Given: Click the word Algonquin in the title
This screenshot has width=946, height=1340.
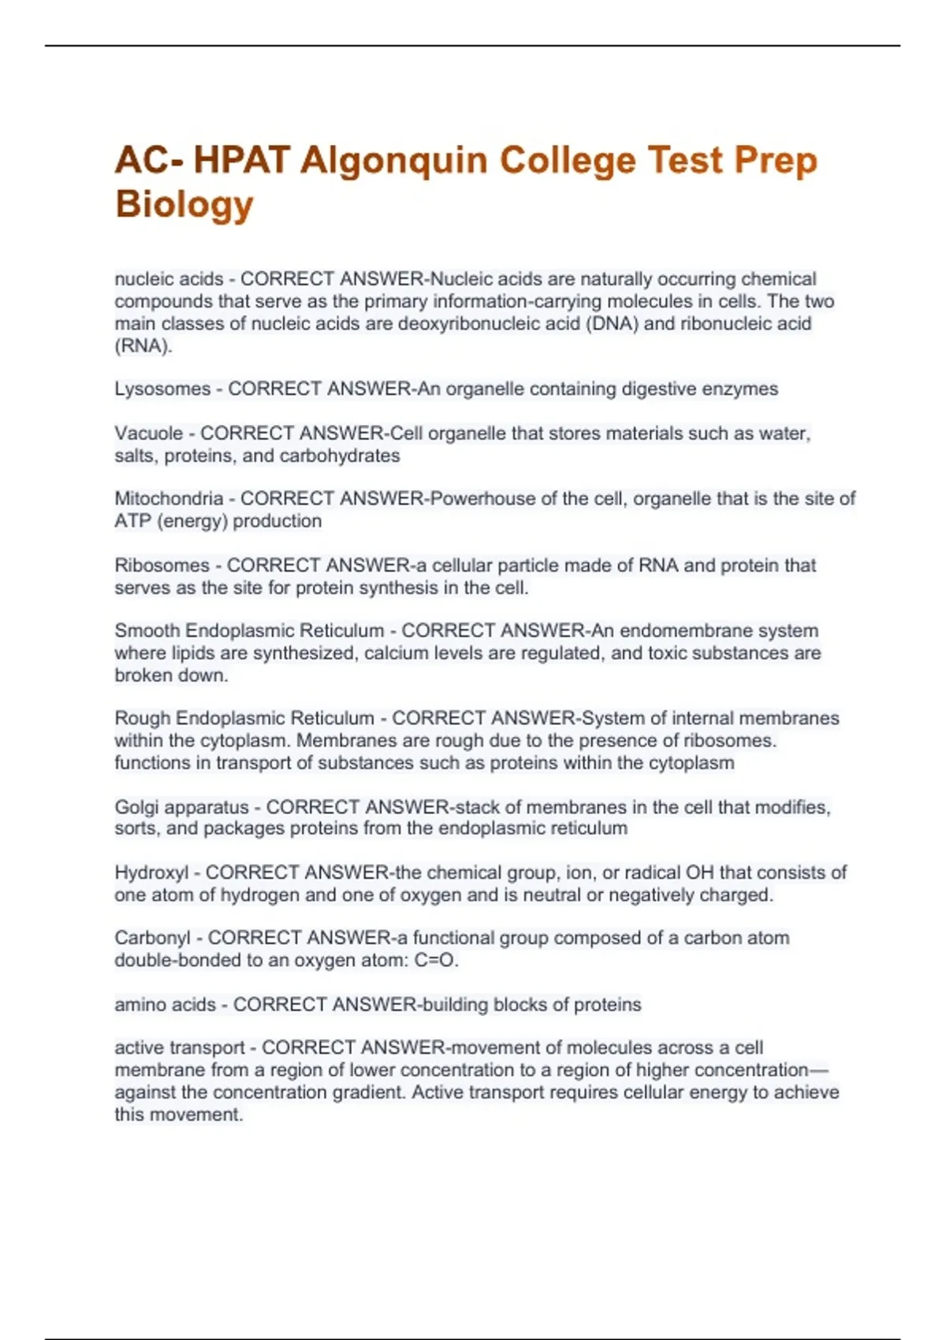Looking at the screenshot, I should coord(393,162).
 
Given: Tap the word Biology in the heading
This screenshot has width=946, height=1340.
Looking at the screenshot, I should coord(184,204).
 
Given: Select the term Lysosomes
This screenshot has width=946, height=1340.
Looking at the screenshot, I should coord(162,389).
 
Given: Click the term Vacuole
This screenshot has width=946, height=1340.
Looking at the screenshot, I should coord(148,434).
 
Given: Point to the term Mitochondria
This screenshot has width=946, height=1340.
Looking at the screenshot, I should coord(169,499).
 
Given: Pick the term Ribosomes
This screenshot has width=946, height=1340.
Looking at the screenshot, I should coord(162,566).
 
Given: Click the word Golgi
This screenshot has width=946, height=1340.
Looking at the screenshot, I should coord(135,808).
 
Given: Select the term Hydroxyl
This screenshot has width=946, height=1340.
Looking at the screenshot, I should coord(151,873).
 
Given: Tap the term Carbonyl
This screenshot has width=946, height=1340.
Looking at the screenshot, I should coord(152,939).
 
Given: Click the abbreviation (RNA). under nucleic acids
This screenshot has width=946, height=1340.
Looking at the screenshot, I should coord(143,346).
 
